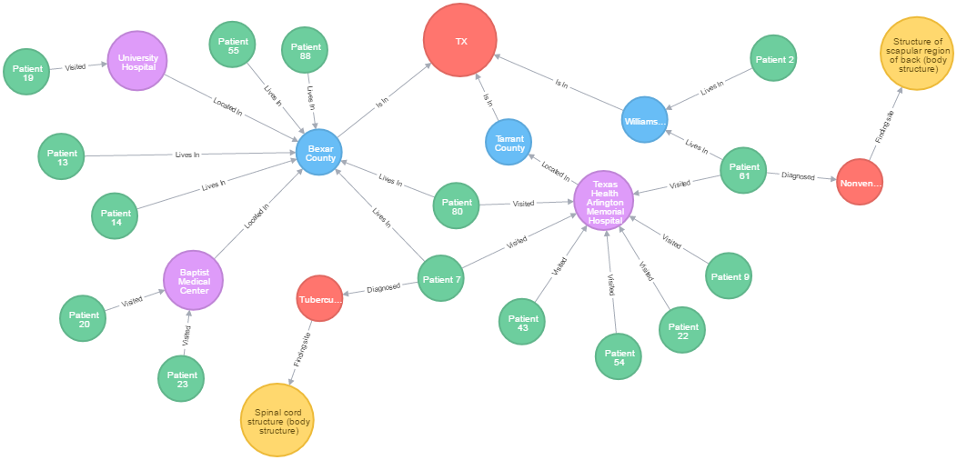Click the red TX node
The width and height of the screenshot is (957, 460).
pyautogui.click(x=459, y=40)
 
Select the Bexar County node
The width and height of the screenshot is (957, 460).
pyautogui.click(x=320, y=152)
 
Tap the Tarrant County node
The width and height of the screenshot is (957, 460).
pyautogui.click(x=509, y=142)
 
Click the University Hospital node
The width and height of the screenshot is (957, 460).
pyautogui.click(x=137, y=61)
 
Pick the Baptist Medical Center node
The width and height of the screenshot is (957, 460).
pyautogui.click(x=193, y=280)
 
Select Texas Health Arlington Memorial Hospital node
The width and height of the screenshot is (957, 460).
pyautogui.click(x=604, y=200)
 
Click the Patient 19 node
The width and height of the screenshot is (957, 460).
pyautogui.click(x=27, y=73)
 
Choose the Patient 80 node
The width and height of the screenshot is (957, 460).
pyautogui.click(x=456, y=205)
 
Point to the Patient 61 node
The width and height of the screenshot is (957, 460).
pyautogui.click(x=743, y=171)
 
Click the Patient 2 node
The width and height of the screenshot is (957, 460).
pyautogui.click(x=773, y=59)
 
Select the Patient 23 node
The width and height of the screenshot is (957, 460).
pyautogui.click(x=181, y=379)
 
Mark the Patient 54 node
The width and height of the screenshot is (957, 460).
pyautogui.click(x=619, y=357)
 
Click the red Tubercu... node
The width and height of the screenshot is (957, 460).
pyautogui.click(x=319, y=299)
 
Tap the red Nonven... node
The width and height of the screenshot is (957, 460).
pyautogui.click(x=860, y=183)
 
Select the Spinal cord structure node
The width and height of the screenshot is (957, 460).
pyautogui.click(x=277, y=419)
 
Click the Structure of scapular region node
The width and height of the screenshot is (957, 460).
pyautogui.click(x=916, y=53)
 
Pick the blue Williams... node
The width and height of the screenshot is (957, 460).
pyautogui.click(x=645, y=120)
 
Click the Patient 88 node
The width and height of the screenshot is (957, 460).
pyautogui.click(x=306, y=52)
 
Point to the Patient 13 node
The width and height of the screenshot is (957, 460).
pyautogui.click(x=62, y=157)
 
